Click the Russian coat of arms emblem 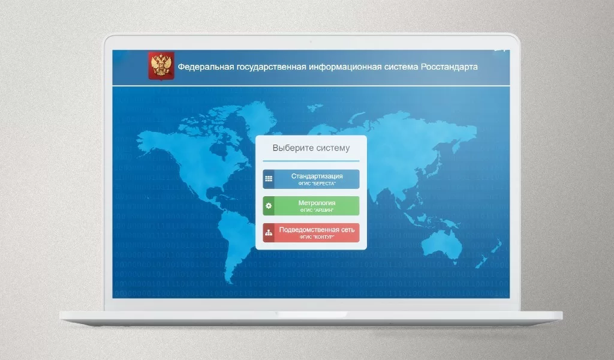161,65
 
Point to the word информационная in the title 344,67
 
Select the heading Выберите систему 311,148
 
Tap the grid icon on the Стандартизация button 269,179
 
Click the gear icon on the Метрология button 269,206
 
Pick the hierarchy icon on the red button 269,233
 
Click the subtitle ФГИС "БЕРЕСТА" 317,184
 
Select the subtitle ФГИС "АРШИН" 317,211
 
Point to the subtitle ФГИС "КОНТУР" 317,238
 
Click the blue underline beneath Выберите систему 311,161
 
